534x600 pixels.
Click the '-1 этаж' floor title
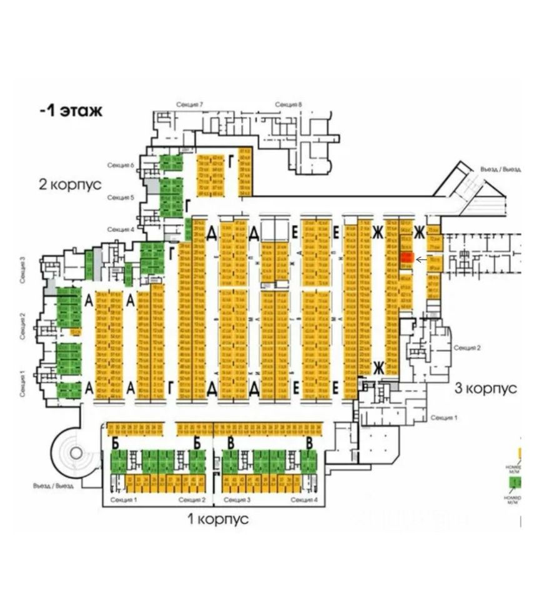tap(71, 111)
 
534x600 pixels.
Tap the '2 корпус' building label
tap(71, 186)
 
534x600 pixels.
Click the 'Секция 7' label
tap(190, 104)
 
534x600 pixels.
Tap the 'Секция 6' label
tap(121, 165)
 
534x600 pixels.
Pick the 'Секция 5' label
tap(121, 197)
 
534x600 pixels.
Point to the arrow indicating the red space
tap(422, 259)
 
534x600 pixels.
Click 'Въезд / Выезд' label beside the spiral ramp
tap(54, 486)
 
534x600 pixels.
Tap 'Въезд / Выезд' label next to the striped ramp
tap(500, 169)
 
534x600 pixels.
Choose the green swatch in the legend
tap(515, 482)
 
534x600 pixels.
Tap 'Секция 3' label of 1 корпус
tap(237, 500)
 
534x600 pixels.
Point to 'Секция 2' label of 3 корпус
tap(467, 347)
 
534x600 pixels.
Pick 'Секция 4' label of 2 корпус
tap(121, 229)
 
